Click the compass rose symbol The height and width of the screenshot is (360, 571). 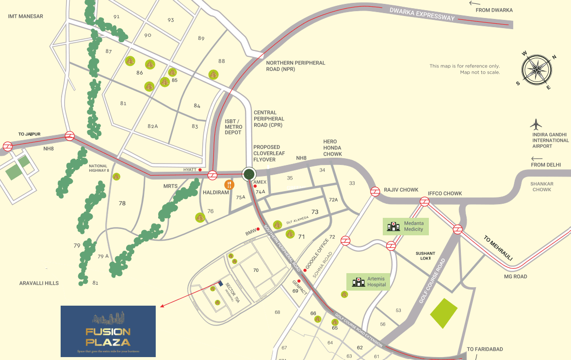[x=536, y=69]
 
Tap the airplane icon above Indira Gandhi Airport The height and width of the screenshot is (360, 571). [x=536, y=124]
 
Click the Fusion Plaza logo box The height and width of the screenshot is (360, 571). [x=108, y=331]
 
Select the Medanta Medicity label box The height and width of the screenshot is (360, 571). [x=406, y=226]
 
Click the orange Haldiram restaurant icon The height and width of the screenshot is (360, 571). [x=229, y=184]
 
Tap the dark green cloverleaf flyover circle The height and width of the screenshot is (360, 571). [x=249, y=174]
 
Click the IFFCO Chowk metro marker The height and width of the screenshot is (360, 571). [x=424, y=202]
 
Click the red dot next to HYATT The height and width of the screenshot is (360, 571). [x=200, y=169]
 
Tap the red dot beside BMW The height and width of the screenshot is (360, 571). [x=259, y=229]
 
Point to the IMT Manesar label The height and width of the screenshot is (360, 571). [x=26, y=16]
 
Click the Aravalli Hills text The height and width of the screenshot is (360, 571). [x=39, y=283]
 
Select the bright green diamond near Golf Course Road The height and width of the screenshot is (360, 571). [x=444, y=313]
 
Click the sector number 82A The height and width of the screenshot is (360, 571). [x=153, y=126]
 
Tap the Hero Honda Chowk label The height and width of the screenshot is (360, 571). [x=333, y=147]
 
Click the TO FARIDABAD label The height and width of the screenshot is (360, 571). [x=485, y=349]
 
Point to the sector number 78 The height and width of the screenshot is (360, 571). [x=122, y=203]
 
